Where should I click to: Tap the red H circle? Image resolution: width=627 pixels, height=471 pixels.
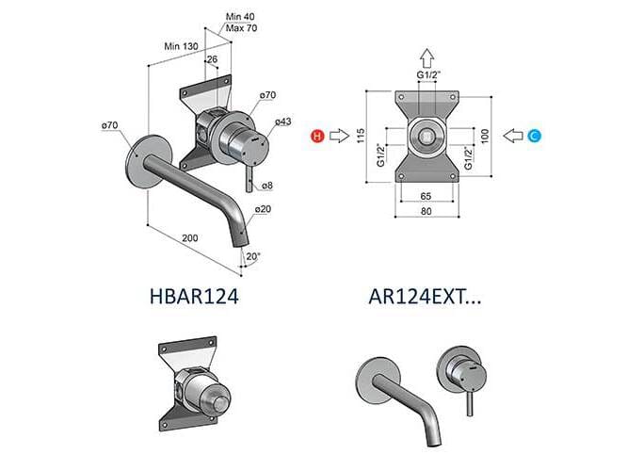coord(317,137)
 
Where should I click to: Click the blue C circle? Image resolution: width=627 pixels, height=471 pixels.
coord(534,137)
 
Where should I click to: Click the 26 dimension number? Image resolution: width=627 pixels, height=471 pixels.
coord(211,59)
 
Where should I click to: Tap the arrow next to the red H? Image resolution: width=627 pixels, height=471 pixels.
coord(340,137)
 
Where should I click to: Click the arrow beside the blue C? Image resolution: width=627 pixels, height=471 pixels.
coord(513,137)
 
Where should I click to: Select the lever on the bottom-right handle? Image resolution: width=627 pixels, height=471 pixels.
coord(466,400)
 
